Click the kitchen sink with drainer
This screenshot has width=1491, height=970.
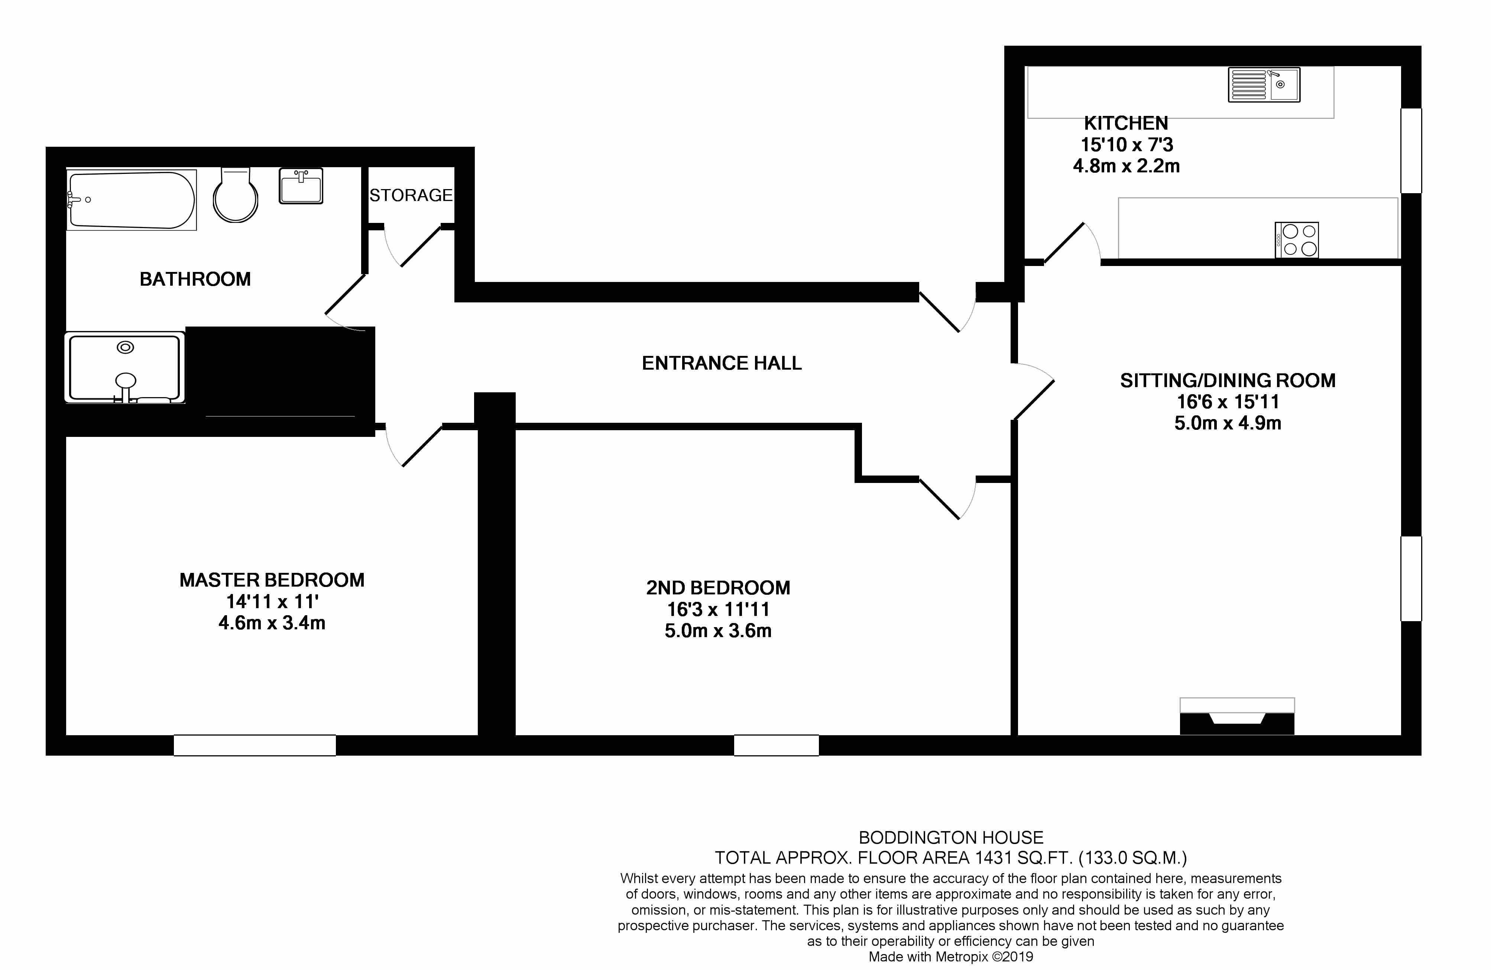[1264, 85]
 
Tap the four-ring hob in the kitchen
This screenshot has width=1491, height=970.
[1296, 240]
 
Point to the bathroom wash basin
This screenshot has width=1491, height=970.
[301, 186]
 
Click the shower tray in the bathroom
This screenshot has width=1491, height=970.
[125, 367]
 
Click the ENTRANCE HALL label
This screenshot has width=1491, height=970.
[722, 363]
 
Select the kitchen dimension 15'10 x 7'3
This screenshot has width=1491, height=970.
[1127, 145]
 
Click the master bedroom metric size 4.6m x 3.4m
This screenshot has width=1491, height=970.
[272, 623]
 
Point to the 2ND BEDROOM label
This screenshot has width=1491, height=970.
[718, 588]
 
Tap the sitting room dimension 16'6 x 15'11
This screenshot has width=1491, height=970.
[1227, 401]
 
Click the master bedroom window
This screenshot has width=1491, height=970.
[255, 745]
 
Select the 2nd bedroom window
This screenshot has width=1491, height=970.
[776, 745]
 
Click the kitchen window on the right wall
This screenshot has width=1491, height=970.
[1411, 150]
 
